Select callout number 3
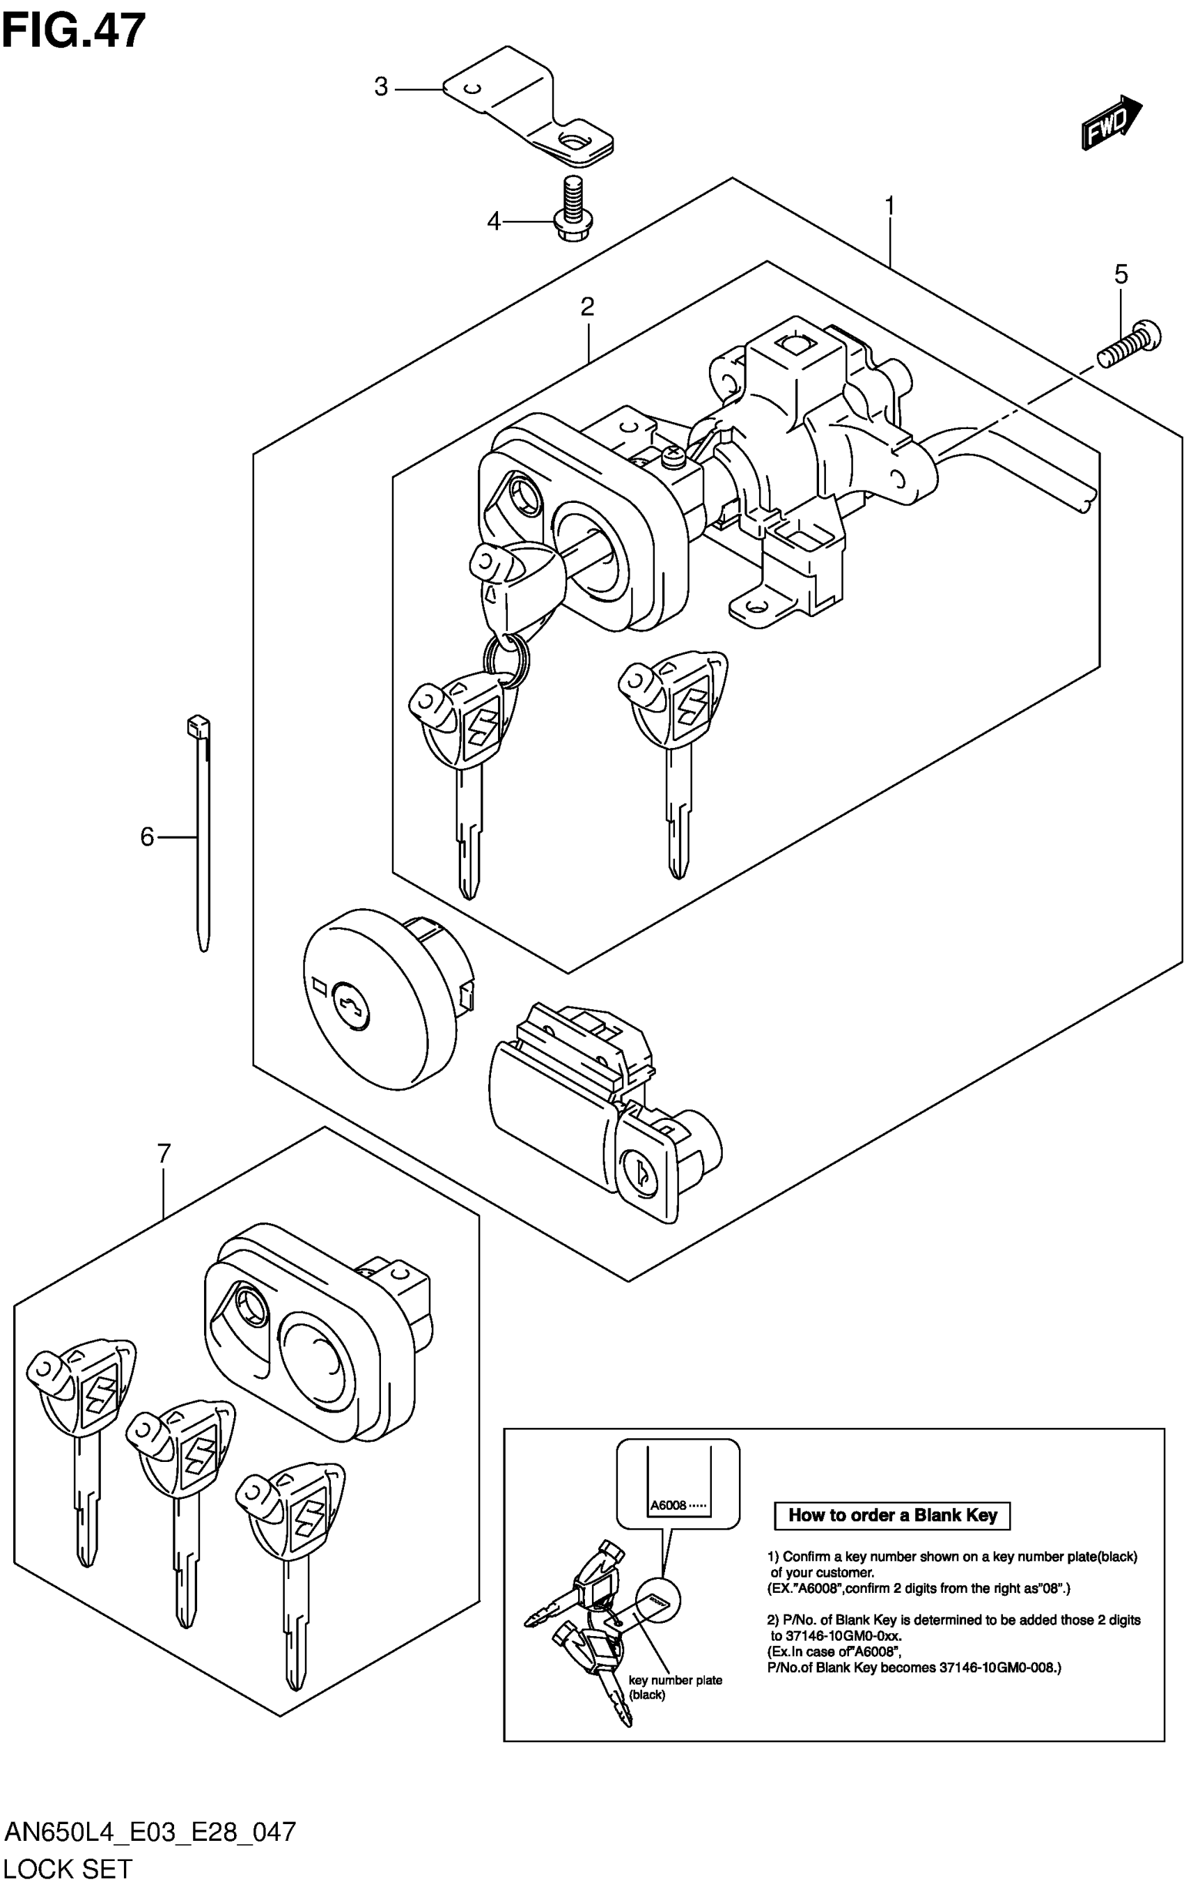pos(382,87)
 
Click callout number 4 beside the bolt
pos(493,221)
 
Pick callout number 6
pos(147,837)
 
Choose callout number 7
pos(164,1153)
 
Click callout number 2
pos(587,306)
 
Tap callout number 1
pos(889,206)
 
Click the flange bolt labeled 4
pos(575,210)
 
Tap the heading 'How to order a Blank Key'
pos(892,1514)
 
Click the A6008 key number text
pos(668,1505)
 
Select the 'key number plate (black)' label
pos(675,1688)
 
